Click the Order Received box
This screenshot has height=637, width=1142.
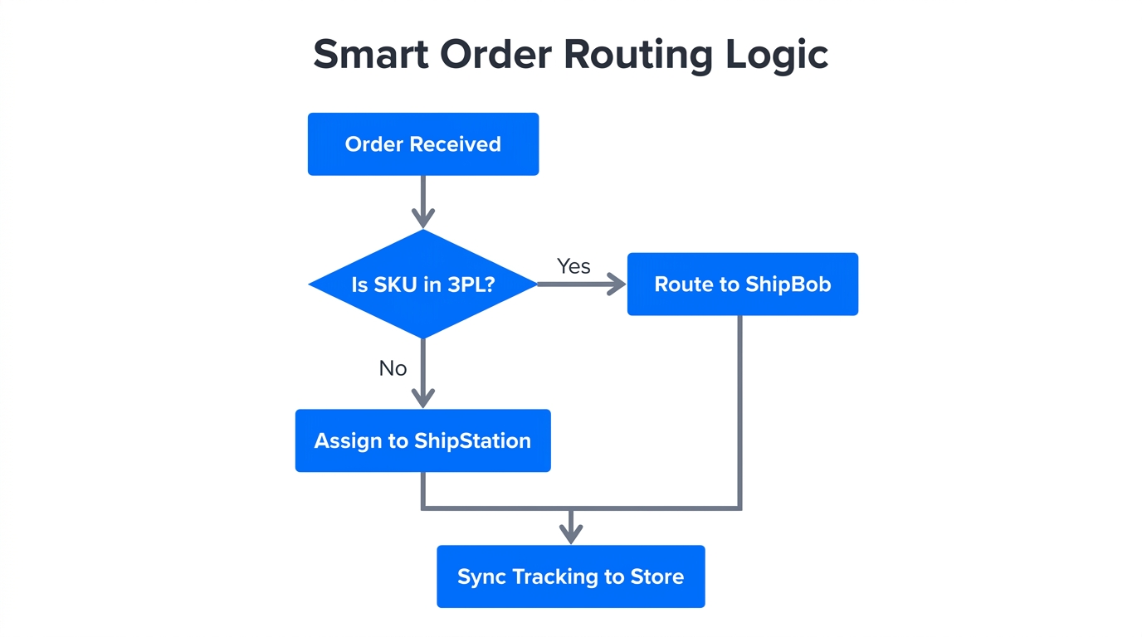[422, 144]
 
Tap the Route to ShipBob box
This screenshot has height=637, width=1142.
[742, 284]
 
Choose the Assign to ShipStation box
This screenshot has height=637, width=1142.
[422, 440]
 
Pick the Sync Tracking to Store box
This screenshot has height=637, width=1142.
[570, 576]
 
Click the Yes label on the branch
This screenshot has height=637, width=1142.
[573, 266]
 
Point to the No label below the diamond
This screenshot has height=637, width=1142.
[393, 368]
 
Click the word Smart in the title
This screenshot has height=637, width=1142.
[370, 55]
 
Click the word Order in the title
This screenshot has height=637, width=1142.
[495, 55]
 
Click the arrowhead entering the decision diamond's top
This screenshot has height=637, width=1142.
[423, 218]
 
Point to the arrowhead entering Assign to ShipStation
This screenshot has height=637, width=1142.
[423, 398]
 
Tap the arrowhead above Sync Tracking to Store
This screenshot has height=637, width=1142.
[570, 534]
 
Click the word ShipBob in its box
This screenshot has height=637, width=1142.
[788, 284]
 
